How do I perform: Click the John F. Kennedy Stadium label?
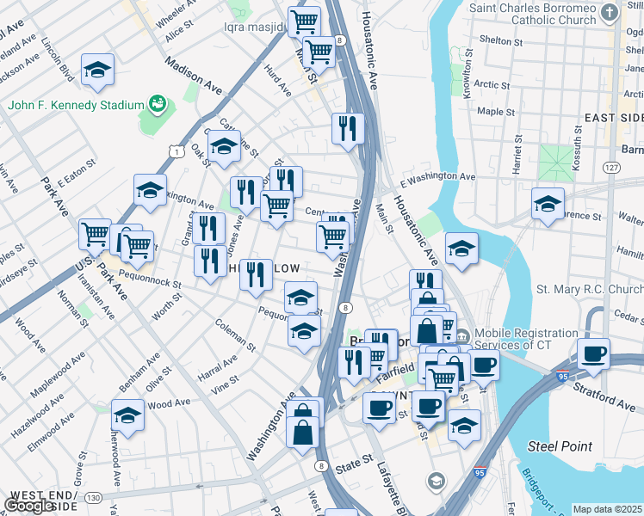pyautogui.click(x=76, y=105)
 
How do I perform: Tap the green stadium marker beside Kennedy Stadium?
pyautogui.click(x=158, y=104)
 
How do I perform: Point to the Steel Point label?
pyautogui.click(x=560, y=445)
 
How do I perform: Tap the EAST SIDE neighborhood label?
pyautogui.click(x=613, y=117)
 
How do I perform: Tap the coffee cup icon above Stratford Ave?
pyautogui.click(x=593, y=353)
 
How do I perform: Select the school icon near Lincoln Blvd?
pyautogui.click(x=98, y=70)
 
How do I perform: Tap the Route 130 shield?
pyautogui.click(x=93, y=497)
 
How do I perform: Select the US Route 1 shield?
pyautogui.click(x=176, y=151)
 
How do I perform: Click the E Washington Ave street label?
pyautogui.click(x=437, y=176)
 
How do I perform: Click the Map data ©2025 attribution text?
pyautogui.click(x=607, y=509)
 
